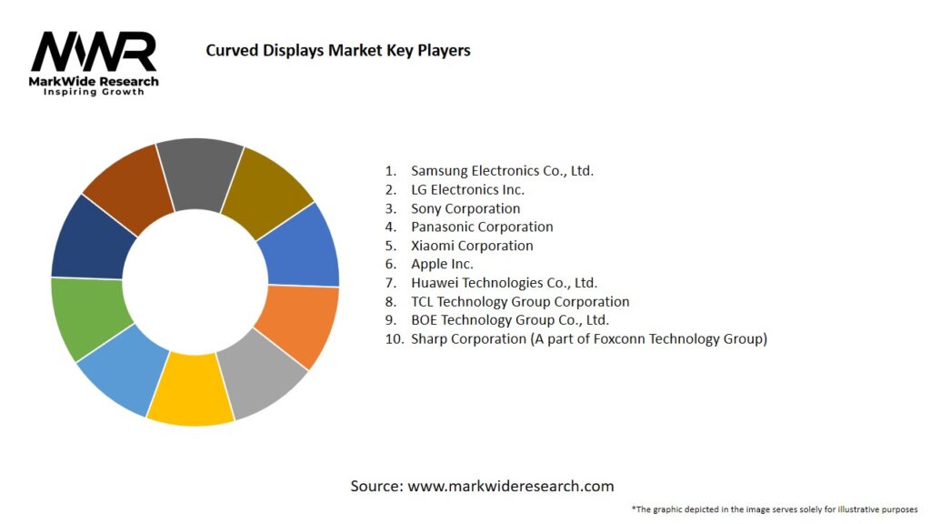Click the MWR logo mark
tap(94, 52)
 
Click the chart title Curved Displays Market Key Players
tap(338, 50)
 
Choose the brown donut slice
tap(127, 187)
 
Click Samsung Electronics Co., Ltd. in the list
tap(502, 170)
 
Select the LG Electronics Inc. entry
tap(467, 189)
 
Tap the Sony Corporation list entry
tap(465, 208)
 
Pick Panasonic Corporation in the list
tap(482, 227)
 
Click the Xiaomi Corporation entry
tap(472, 246)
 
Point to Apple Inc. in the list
tap(442, 264)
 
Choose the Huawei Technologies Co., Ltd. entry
tap(504, 283)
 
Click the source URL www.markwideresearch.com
tap(511, 486)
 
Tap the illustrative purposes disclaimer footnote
tap(775, 509)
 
